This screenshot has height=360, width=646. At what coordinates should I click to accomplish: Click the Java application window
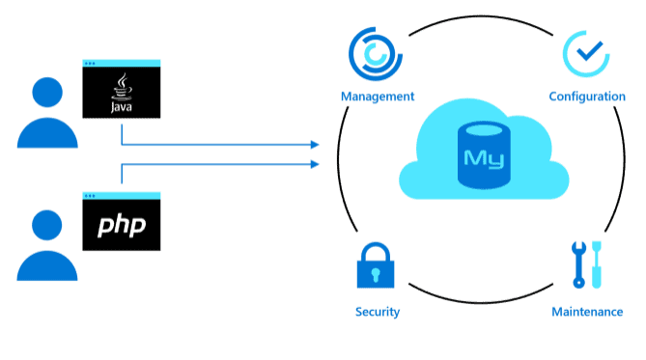(121, 90)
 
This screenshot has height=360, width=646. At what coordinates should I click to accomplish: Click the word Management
(378, 97)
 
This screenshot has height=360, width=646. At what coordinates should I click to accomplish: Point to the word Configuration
(586, 97)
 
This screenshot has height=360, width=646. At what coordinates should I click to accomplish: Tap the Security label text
(377, 312)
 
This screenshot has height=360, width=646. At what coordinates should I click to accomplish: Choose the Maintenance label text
(586, 312)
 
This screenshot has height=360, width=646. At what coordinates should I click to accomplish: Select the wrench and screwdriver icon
(586, 263)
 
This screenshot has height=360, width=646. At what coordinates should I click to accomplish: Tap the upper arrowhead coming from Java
(314, 145)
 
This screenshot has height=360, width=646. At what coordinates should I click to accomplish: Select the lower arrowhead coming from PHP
(314, 164)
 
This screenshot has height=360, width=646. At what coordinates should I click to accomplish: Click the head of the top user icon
(47, 93)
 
